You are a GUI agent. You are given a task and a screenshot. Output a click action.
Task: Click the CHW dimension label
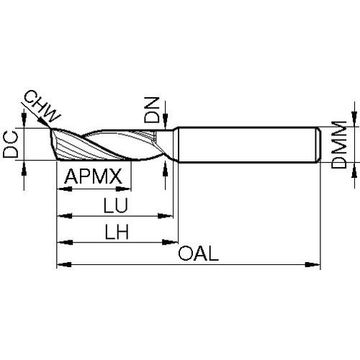pos(42,107)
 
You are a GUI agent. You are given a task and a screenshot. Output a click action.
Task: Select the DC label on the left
pos(11,145)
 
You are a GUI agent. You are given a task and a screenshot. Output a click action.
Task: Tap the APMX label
pos(94,176)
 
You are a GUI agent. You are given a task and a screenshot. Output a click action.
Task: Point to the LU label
pos(115,205)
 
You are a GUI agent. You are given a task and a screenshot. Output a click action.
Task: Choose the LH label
pos(117,232)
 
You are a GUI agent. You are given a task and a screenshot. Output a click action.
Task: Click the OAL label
pos(199,254)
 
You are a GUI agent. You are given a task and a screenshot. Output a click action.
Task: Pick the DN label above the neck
pos(152,110)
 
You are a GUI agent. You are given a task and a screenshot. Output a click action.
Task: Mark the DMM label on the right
pos(338,145)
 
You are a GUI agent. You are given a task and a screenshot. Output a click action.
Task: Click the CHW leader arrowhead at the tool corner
pos(45,122)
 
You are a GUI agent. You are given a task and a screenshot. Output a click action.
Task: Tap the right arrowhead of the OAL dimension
pos(312,265)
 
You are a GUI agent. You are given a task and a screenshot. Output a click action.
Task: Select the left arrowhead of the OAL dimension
pos(64,265)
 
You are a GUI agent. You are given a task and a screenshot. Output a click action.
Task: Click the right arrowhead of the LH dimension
pos(170,243)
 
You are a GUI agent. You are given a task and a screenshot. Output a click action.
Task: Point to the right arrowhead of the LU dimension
pos(165,216)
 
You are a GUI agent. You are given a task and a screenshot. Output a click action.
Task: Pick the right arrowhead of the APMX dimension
pos(123,189)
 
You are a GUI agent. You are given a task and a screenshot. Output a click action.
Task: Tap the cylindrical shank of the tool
pos(247,145)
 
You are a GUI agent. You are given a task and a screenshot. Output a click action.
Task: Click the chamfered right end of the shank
pos(318,145)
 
